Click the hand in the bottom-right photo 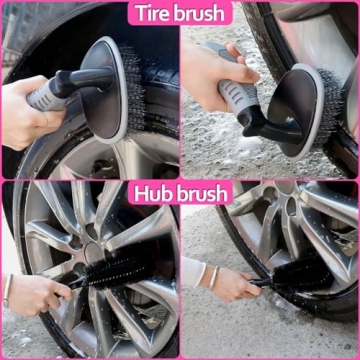(232, 285)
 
